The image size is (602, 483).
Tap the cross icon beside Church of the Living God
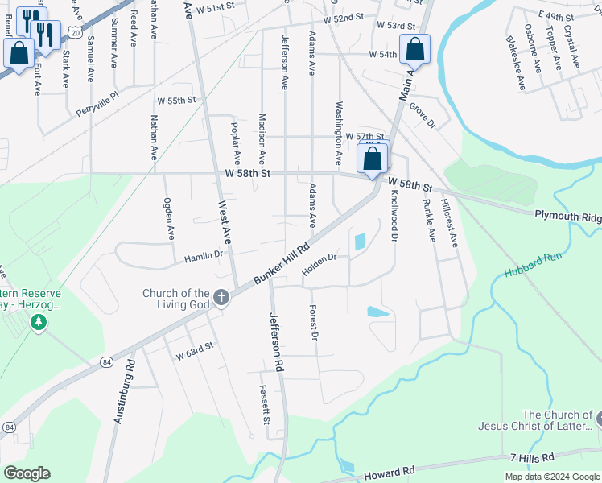coord(221,299)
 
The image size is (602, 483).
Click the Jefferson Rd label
coord(277,341)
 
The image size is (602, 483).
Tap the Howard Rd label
coord(387,470)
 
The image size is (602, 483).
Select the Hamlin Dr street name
coord(203,255)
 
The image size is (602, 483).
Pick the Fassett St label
coord(264,405)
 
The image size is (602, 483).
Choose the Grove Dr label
coord(422,116)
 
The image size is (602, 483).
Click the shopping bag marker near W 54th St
coord(415,51)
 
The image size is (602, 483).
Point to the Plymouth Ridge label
coord(568,217)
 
